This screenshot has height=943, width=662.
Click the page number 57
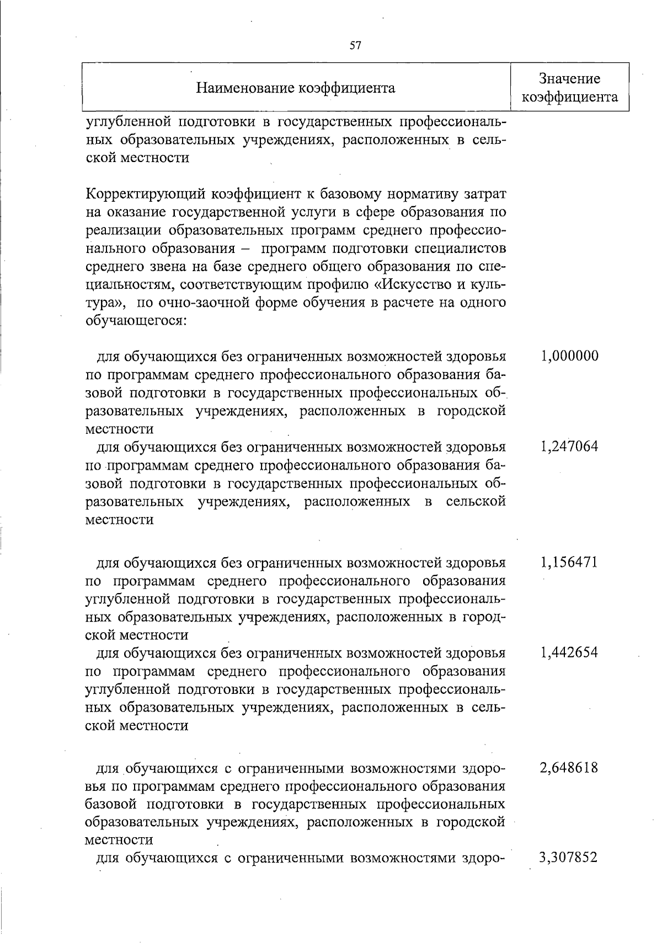click(x=355, y=46)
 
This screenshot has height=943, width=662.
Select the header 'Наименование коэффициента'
click(x=296, y=88)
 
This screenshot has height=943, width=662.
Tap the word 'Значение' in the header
click(x=569, y=79)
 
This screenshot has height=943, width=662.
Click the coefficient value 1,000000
click(x=569, y=355)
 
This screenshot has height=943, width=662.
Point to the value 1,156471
click(x=569, y=563)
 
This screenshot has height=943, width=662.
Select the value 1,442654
click(x=569, y=653)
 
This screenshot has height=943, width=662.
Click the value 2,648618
click(x=569, y=768)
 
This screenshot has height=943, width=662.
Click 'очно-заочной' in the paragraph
click(x=207, y=303)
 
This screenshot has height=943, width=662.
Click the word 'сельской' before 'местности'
click(x=476, y=502)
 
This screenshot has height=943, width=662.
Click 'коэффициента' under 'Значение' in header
click(x=569, y=98)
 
